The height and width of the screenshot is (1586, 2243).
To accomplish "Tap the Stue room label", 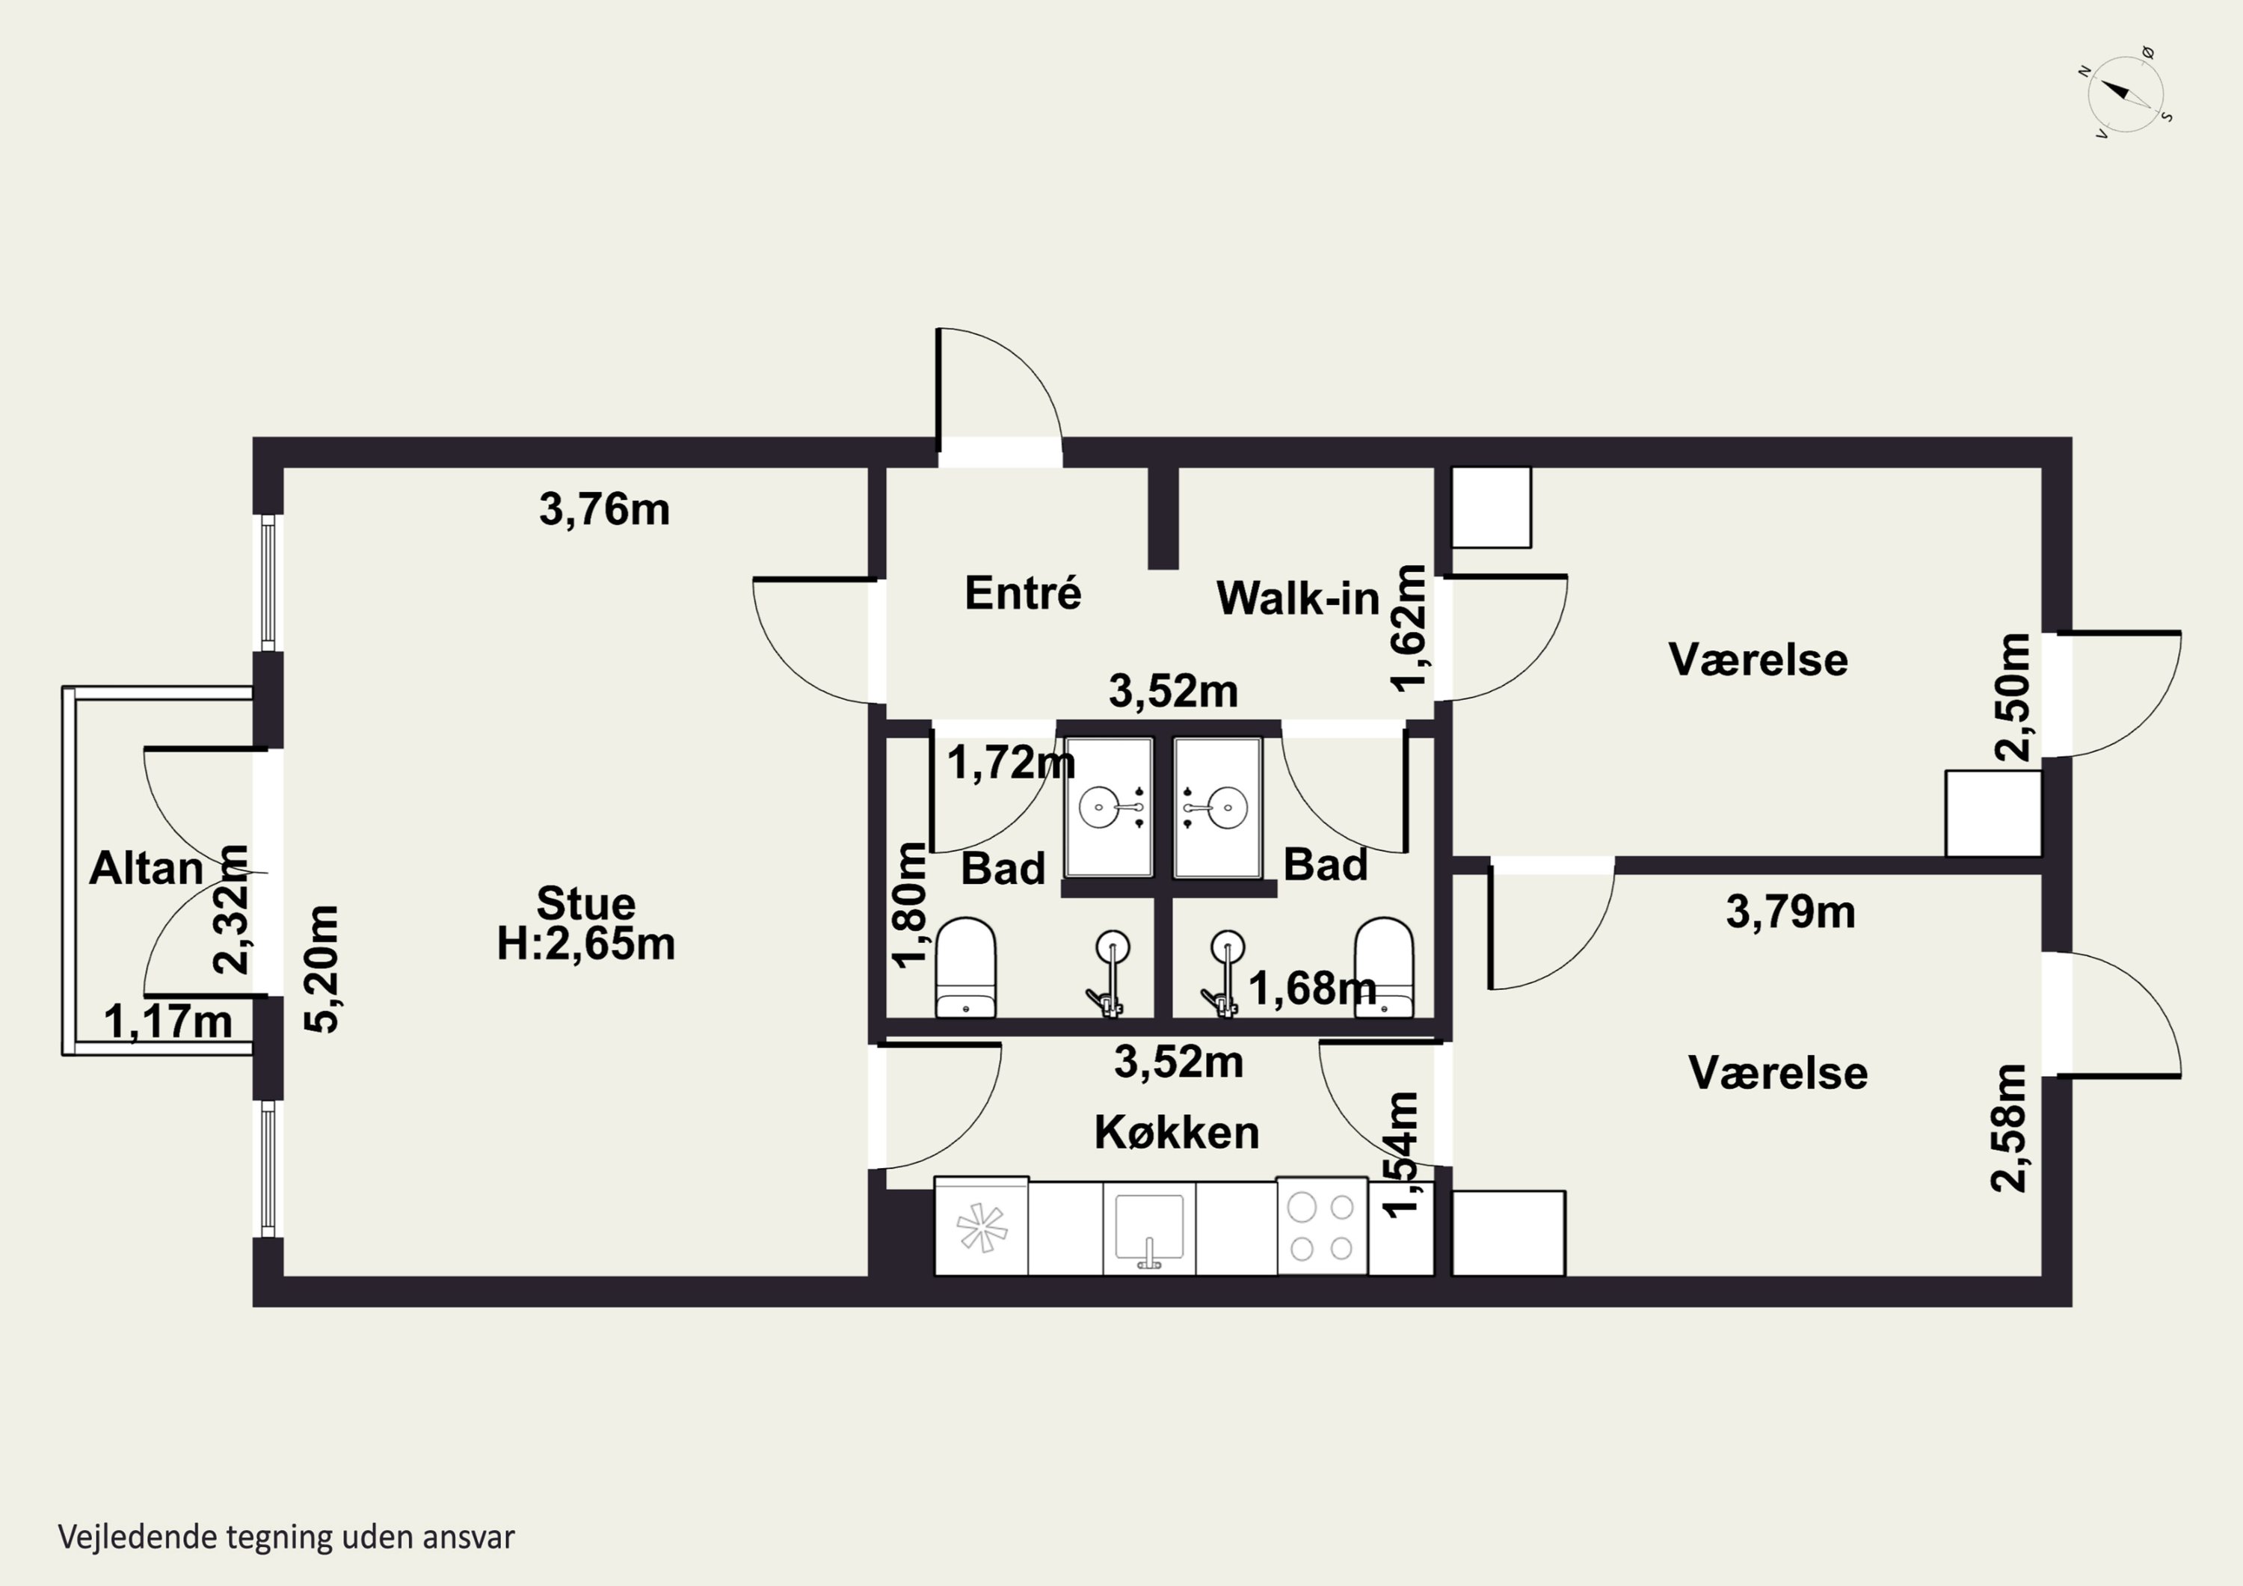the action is (586, 903).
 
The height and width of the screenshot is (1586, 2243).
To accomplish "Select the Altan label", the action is (147, 867).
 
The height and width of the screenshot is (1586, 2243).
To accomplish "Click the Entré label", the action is (1023, 592).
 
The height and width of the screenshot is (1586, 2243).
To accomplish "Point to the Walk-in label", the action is (1297, 598).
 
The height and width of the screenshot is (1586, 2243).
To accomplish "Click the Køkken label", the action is (1176, 1133).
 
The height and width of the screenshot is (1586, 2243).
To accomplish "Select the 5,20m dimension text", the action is (321, 968).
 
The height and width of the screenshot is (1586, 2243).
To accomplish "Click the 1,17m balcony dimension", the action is (168, 1022).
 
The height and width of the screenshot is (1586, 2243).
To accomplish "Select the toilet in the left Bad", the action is (965, 968).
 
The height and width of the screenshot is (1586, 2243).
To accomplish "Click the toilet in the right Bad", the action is (1384, 968).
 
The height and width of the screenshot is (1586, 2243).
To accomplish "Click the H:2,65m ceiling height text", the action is (586, 944).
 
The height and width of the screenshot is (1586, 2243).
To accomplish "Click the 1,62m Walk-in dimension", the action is (1409, 628).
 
